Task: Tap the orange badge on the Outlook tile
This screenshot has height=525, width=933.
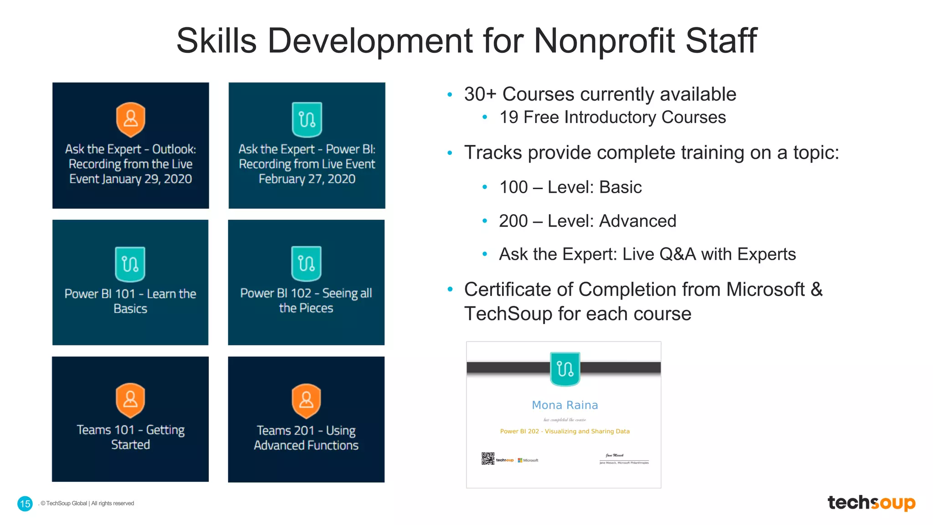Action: (x=131, y=119)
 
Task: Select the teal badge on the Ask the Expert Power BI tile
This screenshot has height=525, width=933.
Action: (x=307, y=119)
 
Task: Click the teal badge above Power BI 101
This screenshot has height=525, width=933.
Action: (x=130, y=264)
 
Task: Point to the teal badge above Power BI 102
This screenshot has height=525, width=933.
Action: (x=306, y=263)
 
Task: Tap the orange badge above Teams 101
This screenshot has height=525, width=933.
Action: (x=130, y=400)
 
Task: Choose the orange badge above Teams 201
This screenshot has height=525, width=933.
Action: (x=306, y=401)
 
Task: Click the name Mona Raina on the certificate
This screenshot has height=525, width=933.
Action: (x=565, y=405)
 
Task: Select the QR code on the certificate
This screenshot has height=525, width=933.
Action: (x=487, y=458)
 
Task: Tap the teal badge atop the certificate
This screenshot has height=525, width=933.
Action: (x=565, y=369)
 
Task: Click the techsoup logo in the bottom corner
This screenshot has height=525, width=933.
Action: (x=871, y=503)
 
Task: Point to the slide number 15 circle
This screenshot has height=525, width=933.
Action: (x=25, y=504)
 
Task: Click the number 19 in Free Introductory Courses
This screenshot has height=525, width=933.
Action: (x=509, y=118)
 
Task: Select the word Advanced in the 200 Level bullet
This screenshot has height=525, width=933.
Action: (x=637, y=221)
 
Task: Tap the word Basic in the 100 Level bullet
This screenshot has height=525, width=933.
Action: (x=620, y=187)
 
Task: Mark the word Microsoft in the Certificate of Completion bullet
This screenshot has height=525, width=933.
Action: (x=765, y=290)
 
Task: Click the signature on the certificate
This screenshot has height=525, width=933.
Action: (x=615, y=455)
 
